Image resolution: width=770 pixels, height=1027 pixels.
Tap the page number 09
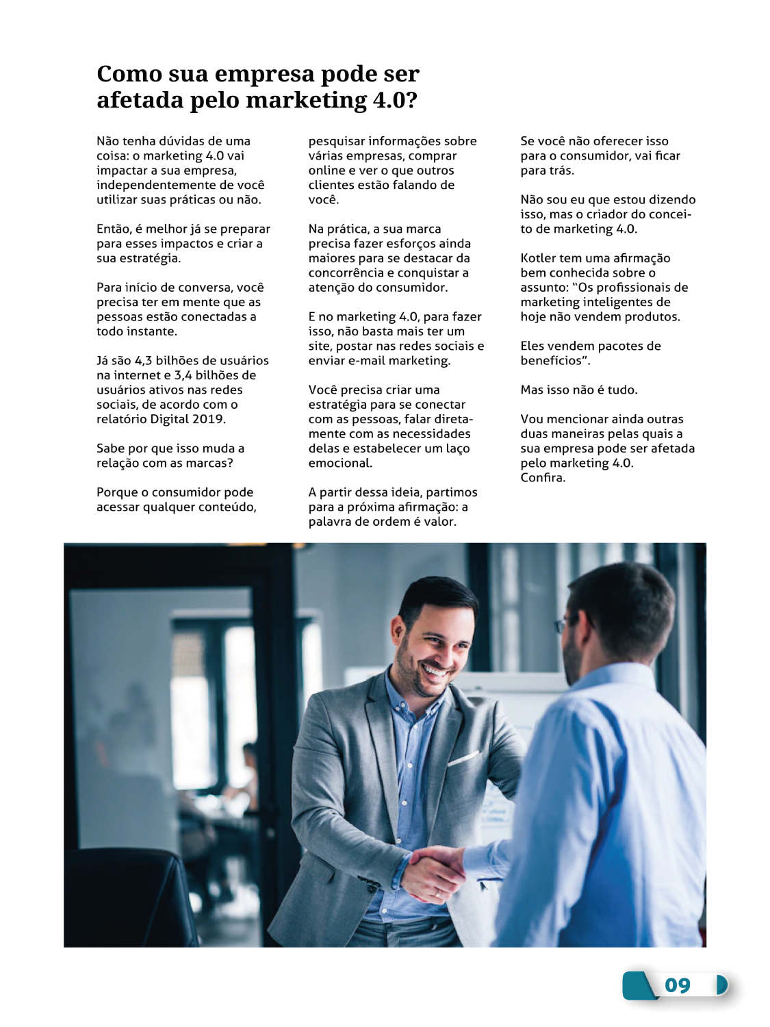pyautogui.click(x=677, y=985)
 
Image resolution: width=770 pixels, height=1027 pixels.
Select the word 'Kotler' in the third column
pyautogui.click(x=539, y=258)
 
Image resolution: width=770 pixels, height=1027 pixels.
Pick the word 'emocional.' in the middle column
pyautogui.click(x=340, y=463)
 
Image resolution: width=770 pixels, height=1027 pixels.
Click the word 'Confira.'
pyautogui.click(x=543, y=478)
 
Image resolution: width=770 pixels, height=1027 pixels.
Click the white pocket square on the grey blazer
pyautogui.click(x=463, y=758)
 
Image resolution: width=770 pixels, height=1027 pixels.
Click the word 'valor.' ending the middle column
pyautogui.click(x=440, y=522)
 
